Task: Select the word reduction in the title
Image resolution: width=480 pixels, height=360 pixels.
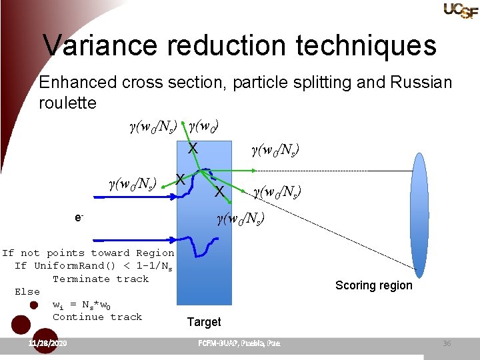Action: tap(227, 45)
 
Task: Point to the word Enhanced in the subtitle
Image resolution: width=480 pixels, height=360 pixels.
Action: tap(78, 83)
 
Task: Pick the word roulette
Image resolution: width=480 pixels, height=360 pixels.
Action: tap(67, 103)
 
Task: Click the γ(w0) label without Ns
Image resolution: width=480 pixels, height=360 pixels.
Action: tap(204, 126)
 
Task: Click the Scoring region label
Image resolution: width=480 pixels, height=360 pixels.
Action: tap(373, 285)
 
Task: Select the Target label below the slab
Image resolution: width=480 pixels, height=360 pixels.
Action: tap(203, 322)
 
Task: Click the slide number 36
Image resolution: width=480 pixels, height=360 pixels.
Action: tap(447, 343)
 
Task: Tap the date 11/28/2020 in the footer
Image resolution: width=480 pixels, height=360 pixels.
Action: tap(48, 343)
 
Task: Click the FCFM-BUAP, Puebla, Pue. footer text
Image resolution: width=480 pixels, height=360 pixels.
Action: tap(239, 343)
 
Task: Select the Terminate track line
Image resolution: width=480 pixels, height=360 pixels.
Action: tap(101, 279)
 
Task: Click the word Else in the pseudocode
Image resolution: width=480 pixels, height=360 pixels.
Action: tap(27, 291)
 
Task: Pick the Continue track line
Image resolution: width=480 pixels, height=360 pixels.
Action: tap(97, 317)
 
